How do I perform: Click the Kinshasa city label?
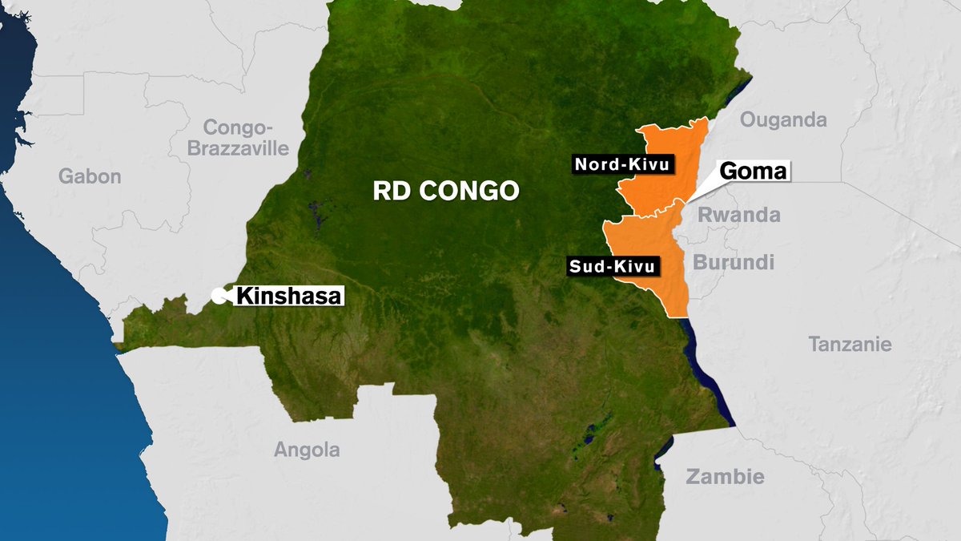coord(288,296)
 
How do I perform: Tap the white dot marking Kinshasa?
coord(217,296)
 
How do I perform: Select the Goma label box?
coord(754,171)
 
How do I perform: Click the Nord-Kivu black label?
coord(622,165)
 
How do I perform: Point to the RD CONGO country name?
coord(446,191)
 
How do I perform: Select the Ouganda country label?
coord(782,120)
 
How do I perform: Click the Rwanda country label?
coord(738,215)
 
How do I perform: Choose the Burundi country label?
coord(734,262)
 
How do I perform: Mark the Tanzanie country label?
coord(850,345)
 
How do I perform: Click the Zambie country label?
coord(725,477)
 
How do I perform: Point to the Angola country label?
coord(307,450)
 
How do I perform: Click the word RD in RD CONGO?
coord(388,191)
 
